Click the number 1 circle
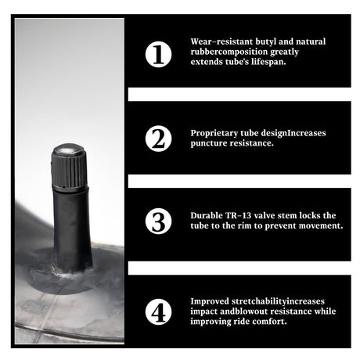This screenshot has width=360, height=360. (x=158, y=54)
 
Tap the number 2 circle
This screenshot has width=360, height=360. (x=158, y=139)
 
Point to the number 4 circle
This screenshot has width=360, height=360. (x=158, y=311)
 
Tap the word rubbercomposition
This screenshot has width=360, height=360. (x=229, y=52)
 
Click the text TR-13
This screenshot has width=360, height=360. (x=238, y=215)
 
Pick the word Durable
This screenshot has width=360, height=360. (x=207, y=215)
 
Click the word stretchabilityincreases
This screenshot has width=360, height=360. (x=278, y=301)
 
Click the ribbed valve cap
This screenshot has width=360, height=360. (x=69, y=166)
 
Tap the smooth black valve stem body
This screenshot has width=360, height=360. (x=72, y=229)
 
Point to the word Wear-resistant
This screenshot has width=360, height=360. (x=221, y=42)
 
